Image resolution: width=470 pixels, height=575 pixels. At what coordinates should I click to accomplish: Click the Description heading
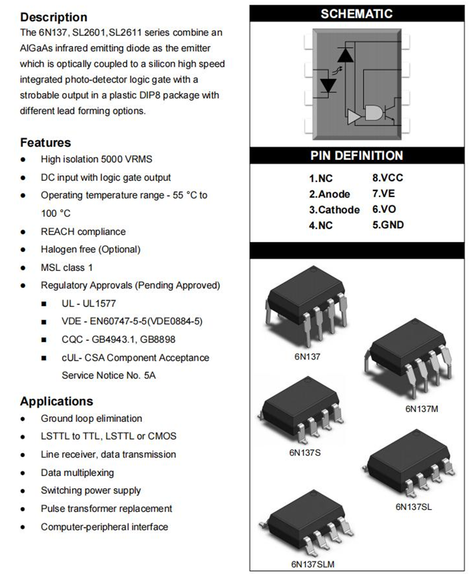click(54, 17)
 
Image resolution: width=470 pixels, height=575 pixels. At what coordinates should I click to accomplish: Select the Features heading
click(45, 143)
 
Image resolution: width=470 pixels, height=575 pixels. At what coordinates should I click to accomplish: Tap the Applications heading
click(56, 401)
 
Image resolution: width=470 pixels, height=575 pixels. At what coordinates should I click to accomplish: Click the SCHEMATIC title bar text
click(357, 14)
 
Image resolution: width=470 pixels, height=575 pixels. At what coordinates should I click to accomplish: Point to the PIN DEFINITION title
click(357, 156)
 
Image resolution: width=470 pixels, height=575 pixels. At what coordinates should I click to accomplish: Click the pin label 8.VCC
click(388, 178)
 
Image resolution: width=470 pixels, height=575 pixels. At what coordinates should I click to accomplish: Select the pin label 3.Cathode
click(334, 210)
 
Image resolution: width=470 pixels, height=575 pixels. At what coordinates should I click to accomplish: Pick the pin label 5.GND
click(388, 225)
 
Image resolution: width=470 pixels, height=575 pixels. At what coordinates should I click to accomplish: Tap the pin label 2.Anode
click(329, 194)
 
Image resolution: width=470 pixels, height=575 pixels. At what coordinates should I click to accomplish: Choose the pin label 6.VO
click(384, 209)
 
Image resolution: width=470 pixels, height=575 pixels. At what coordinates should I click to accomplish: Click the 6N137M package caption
click(421, 409)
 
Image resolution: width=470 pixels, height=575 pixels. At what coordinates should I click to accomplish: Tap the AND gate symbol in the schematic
click(373, 113)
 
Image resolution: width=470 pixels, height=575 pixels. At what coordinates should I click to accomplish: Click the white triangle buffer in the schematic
click(354, 116)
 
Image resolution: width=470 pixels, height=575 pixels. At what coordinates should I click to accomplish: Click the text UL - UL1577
click(89, 303)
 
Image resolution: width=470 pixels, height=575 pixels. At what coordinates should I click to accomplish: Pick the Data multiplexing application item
click(77, 472)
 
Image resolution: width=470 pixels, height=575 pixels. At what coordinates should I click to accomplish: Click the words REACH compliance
click(83, 232)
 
